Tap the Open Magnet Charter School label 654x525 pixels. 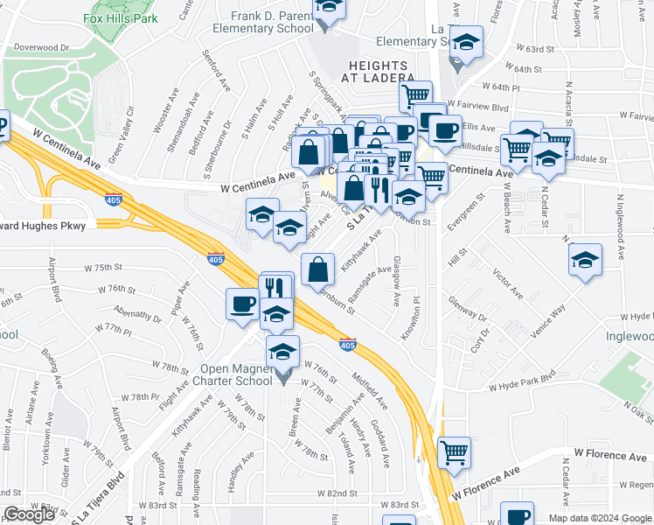click(x=237, y=374)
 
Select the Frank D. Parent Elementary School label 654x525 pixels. click(x=272, y=22)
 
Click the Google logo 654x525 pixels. click(x=29, y=514)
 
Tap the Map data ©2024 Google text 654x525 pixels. click(x=599, y=518)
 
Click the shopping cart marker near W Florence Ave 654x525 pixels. click(x=454, y=452)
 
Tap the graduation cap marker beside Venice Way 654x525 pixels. click(x=585, y=259)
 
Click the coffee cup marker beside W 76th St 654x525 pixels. click(x=242, y=304)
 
